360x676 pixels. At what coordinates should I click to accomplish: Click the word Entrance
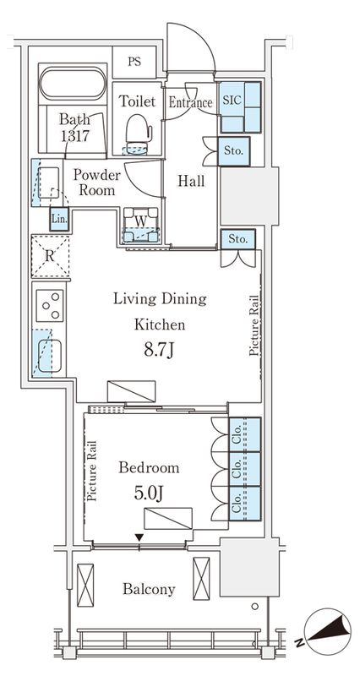tap(190, 102)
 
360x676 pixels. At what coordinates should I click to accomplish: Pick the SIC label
tap(232, 100)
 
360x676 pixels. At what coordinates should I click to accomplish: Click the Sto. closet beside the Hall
tap(234, 151)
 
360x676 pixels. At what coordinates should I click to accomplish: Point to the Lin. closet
tap(59, 219)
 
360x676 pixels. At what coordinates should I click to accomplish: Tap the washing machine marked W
tap(140, 225)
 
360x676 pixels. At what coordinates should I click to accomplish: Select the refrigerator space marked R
tap(50, 256)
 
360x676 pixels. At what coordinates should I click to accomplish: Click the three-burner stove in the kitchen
tap(50, 305)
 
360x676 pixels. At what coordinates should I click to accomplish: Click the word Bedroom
tap(149, 467)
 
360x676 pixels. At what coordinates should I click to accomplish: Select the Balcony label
tap(149, 589)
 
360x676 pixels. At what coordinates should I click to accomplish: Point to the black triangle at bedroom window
tap(139, 537)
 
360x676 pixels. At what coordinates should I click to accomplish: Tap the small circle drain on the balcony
tap(255, 607)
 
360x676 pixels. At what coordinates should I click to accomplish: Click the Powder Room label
tap(96, 183)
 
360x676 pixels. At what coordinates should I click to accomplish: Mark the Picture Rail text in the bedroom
tap(91, 472)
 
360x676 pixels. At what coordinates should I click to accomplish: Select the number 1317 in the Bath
tap(75, 136)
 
